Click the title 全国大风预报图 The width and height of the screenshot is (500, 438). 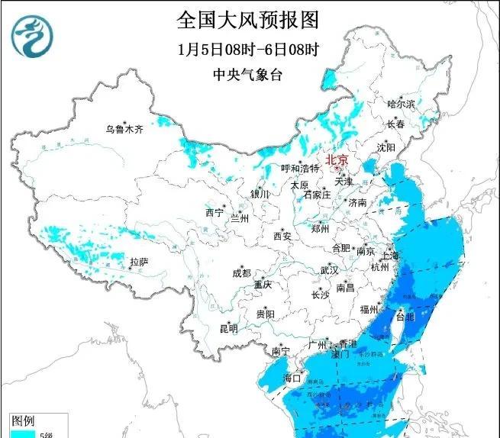point(247,18)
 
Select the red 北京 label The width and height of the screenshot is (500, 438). point(337,159)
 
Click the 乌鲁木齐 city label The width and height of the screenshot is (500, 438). point(124,129)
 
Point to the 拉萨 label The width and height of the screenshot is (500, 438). point(138,262)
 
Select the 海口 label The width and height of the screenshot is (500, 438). point(293,378)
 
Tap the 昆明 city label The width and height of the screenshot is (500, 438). point(228,329)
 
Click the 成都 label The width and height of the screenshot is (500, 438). point(242,273)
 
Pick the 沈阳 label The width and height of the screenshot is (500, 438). point(386,147)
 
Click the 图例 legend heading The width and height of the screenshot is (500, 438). point(23,420)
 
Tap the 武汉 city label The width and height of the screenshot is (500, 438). point(329,270)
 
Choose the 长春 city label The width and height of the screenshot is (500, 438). point(395,124)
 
